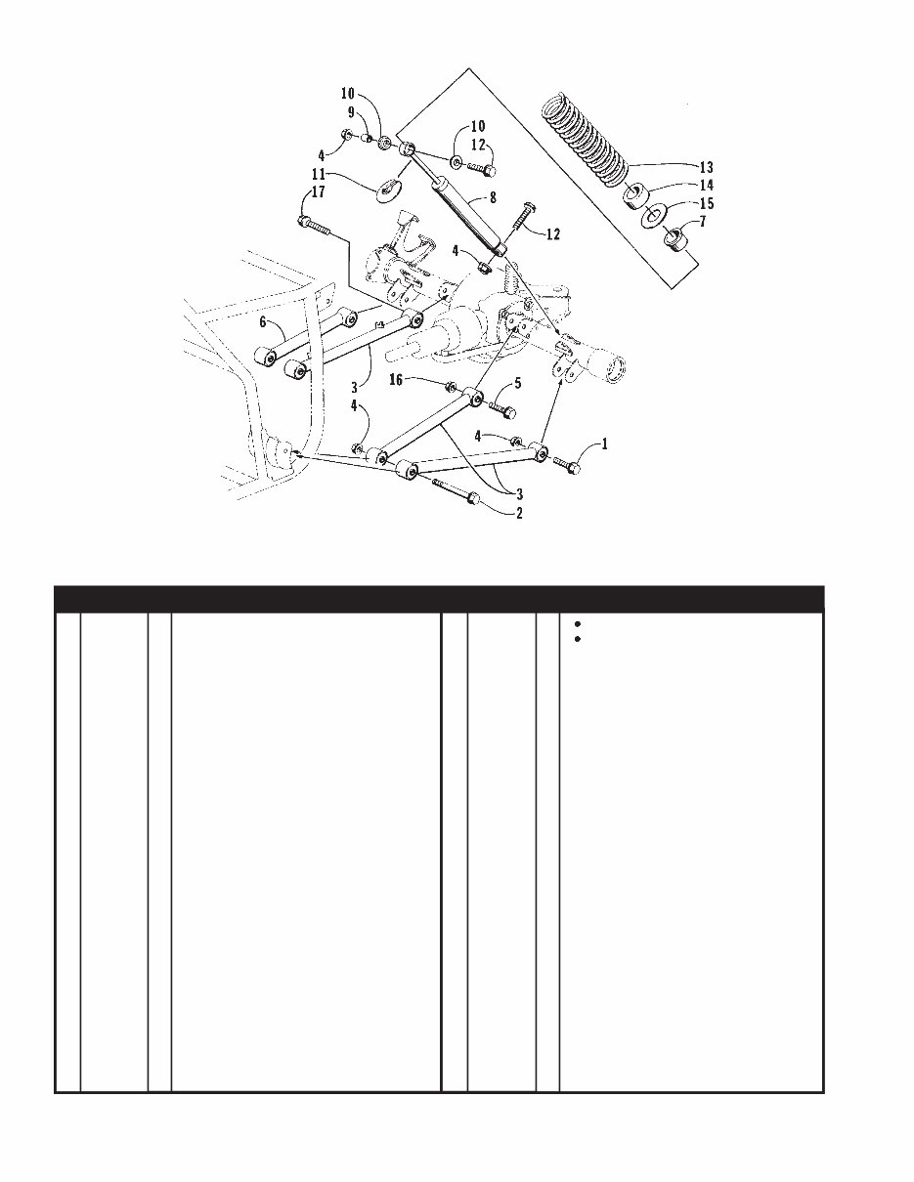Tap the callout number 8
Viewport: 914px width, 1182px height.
[x=493, y=198]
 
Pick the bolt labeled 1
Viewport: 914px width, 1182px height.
[x=568, y=464]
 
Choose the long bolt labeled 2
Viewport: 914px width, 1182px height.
[x=454, y=490]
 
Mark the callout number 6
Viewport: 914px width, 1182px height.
[x=263, y=321]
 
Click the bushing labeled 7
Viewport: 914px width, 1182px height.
[x=672, y=238]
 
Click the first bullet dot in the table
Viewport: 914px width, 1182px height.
[x=579, y=623]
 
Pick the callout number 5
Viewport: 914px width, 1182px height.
[x=519, y=382]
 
